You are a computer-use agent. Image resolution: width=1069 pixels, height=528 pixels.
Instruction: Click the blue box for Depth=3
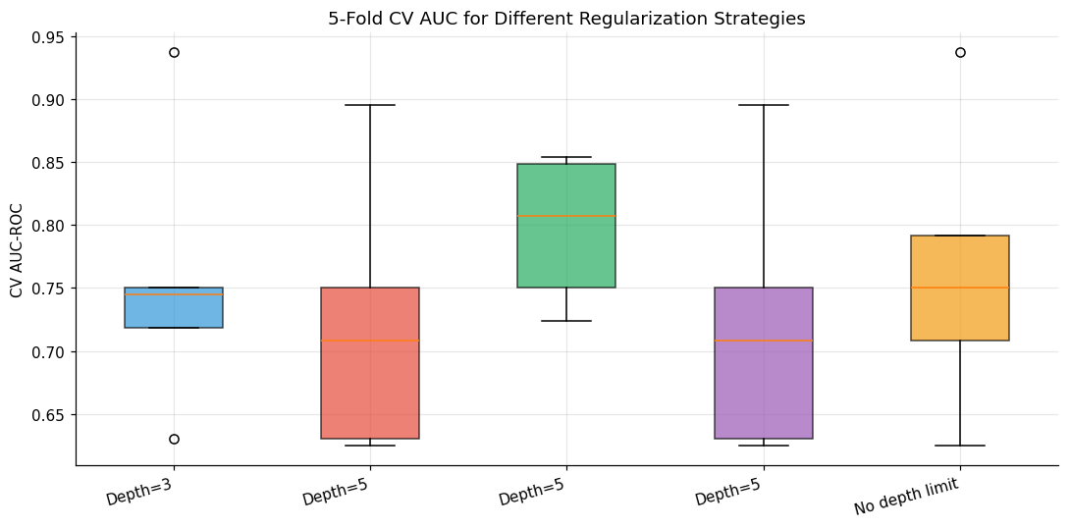(x=174, y=307)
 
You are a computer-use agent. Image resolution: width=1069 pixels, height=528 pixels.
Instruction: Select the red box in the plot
(x=370, y=363)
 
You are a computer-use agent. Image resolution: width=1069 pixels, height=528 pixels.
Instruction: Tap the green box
(x=566, y=226)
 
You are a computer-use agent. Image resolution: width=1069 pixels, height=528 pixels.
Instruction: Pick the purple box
(x=764, y=363)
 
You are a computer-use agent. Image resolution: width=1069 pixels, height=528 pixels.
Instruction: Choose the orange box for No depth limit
(x=960, y=288)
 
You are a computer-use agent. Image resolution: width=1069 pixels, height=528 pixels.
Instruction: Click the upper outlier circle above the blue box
(x=174, y=52)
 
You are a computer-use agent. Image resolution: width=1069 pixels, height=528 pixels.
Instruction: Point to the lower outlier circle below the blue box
(x=174, y=439)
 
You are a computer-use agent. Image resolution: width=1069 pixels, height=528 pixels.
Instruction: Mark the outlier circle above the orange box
(x=960, y=52)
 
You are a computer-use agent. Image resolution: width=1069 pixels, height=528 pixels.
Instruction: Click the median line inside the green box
(x=566, y=216)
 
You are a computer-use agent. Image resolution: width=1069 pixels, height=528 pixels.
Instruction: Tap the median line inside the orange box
(x=960, y=288)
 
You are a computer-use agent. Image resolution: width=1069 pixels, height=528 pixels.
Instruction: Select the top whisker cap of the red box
(x=370, y=105)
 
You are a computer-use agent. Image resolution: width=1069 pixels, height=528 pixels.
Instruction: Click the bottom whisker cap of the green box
(x=566, y=321)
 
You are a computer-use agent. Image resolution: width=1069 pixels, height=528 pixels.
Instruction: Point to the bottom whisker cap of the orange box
(x=960, y=446)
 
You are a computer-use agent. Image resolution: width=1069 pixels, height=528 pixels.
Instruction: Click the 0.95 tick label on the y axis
(x=54, y=36)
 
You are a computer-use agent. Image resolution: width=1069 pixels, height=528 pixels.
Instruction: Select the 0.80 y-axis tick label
(x=54, y=226)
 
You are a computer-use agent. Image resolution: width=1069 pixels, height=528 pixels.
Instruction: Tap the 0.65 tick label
(x=54, y=415)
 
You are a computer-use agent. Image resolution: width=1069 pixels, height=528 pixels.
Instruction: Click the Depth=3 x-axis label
(x=138, y=492)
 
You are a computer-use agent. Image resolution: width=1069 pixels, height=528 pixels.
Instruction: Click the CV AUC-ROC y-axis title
(x=16, y=250)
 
